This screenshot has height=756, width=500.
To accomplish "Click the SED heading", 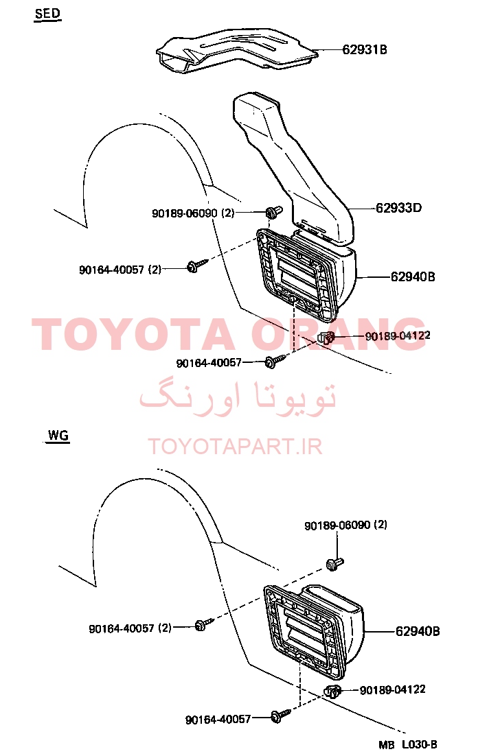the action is click(47, 14).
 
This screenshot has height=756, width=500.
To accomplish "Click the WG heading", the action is click(58, 436).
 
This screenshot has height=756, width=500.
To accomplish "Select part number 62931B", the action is click(365, 49).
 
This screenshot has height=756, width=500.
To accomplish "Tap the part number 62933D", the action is click(398, 208).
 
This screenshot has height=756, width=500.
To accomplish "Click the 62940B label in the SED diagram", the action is click(413, 276).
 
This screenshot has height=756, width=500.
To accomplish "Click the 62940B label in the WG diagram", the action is click(418, 631).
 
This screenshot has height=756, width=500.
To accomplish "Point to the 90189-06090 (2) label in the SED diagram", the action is click(193, 213).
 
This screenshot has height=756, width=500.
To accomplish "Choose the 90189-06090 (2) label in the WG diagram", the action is click(345, 525).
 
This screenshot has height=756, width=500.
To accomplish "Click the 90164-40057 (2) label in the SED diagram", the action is click(120, 270).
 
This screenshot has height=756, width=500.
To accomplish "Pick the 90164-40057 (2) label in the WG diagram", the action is click(130, 628).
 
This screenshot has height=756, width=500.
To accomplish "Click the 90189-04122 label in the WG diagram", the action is click(393, 690).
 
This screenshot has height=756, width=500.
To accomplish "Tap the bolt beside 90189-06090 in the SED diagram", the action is click(274, 212).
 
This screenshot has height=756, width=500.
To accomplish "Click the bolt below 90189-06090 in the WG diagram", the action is click(334, 564).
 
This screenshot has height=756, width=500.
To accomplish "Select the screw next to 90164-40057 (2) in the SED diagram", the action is click(197, 265).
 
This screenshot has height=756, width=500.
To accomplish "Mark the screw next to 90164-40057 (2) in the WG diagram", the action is click(203, 624).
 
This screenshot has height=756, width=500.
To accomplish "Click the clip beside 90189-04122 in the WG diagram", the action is click(332, 692).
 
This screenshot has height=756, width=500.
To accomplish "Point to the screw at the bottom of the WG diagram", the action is click(280, 716).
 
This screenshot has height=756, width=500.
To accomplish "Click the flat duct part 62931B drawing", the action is click(236, 50).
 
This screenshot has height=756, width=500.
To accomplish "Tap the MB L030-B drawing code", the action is click(408, 745).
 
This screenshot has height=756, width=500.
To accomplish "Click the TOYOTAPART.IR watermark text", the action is click(235, 447).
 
